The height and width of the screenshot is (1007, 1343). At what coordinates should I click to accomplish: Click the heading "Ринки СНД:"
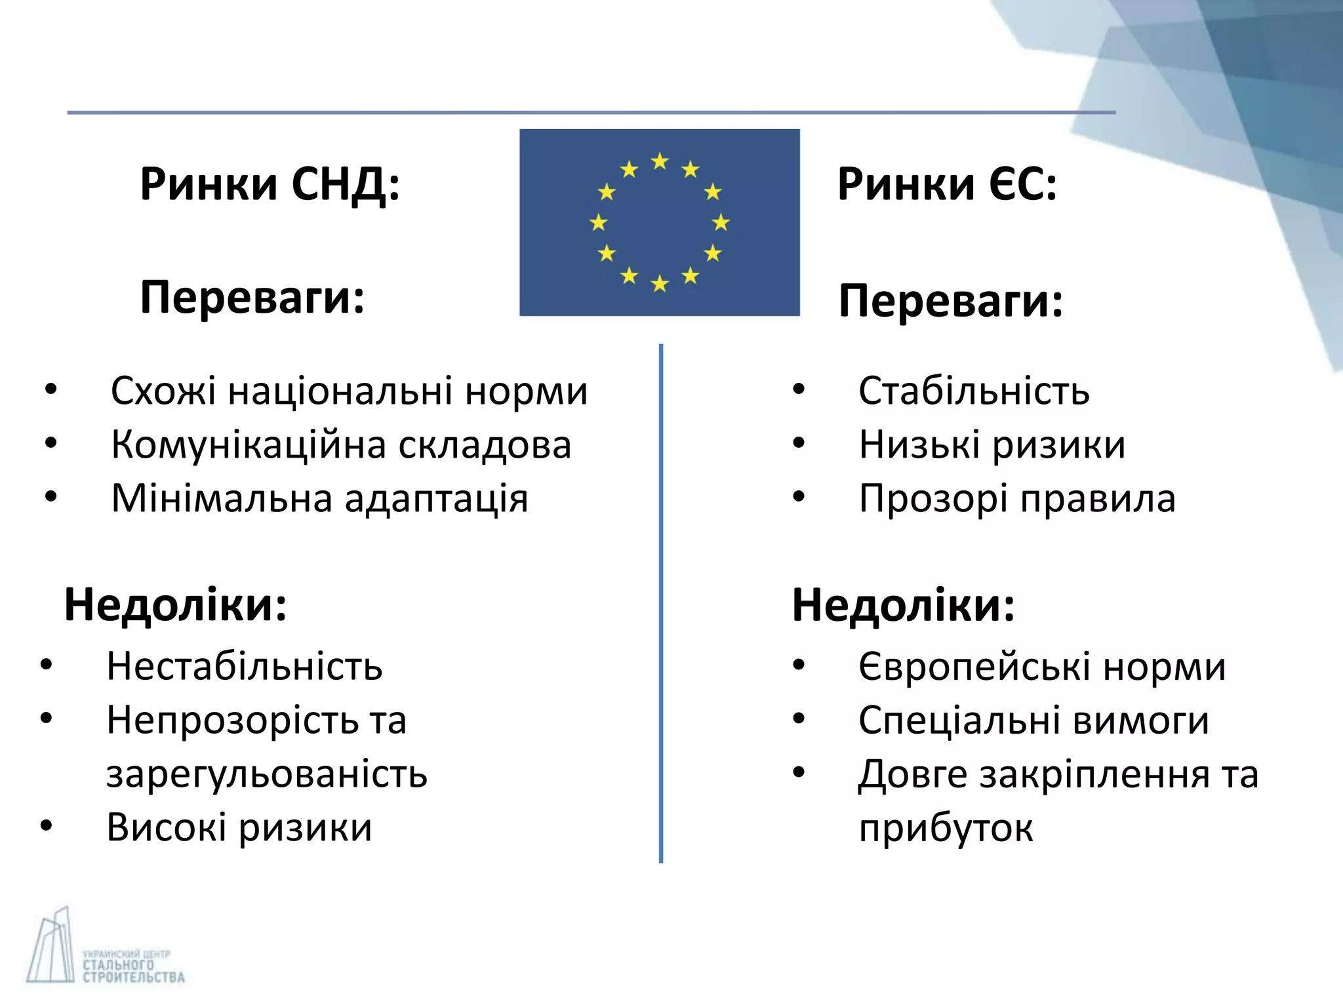270,184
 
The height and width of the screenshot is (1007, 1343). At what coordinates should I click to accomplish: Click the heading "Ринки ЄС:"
947,184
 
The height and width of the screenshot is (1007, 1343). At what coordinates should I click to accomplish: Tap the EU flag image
659,222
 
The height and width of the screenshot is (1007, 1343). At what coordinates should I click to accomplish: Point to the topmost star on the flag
660,161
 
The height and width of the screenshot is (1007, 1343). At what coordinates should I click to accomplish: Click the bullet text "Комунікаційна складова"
341,445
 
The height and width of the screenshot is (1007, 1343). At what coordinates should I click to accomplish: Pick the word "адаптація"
436,500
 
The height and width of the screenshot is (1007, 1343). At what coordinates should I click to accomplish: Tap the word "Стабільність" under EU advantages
974,391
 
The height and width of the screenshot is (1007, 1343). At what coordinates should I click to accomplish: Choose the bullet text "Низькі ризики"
992,445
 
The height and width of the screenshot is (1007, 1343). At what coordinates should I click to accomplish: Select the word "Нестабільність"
244,667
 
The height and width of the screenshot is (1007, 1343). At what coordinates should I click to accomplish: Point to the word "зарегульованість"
267,774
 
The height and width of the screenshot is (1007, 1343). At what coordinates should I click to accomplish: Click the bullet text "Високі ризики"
239,827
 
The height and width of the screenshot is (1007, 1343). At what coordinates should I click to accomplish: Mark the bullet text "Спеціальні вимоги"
1033,721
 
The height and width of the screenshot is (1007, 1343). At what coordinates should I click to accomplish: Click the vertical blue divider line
661,603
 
